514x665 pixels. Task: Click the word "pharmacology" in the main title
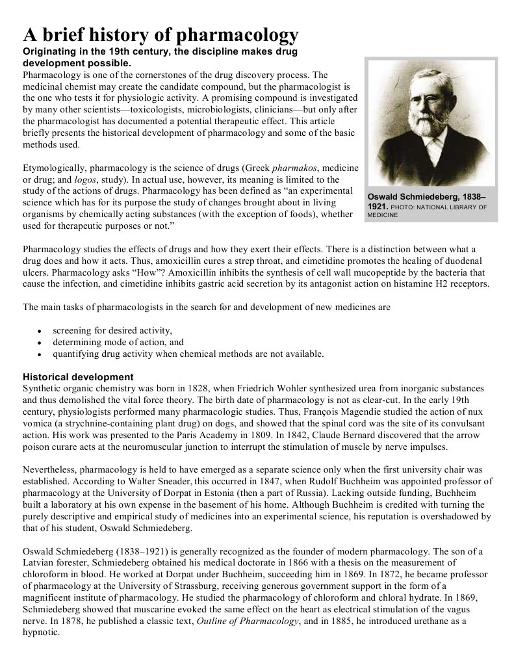coord(238,34)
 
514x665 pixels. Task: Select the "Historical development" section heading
coord(78,377)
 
